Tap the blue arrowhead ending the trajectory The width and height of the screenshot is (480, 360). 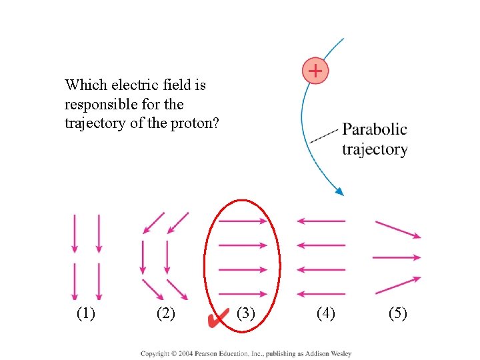[x=339, y=191]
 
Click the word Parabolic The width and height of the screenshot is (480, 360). [x=374, y=129]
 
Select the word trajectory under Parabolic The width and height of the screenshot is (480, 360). [x=374, y=149]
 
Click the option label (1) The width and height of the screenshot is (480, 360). [x=86, y=313]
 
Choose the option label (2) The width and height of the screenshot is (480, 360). [x=165, y=313]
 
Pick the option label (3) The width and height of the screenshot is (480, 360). [x=246, y=313]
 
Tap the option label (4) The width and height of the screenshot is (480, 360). [x=325, y=313]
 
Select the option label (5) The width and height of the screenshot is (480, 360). [x=397, y=313]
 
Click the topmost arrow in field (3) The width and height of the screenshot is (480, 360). [x=243, y=221]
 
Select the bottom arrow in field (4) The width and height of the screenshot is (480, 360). [x=321, y=294]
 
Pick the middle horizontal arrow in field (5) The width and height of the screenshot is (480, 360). [x=397, y=257]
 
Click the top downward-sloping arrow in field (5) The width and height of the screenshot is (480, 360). [x=398, y=229]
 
